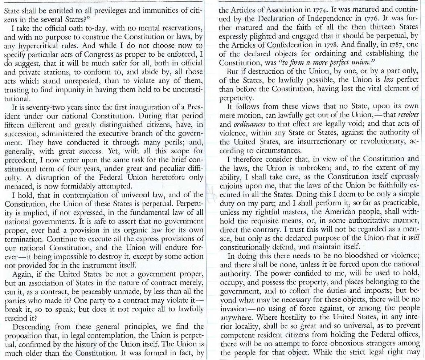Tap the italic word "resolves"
tap(409, 116)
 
